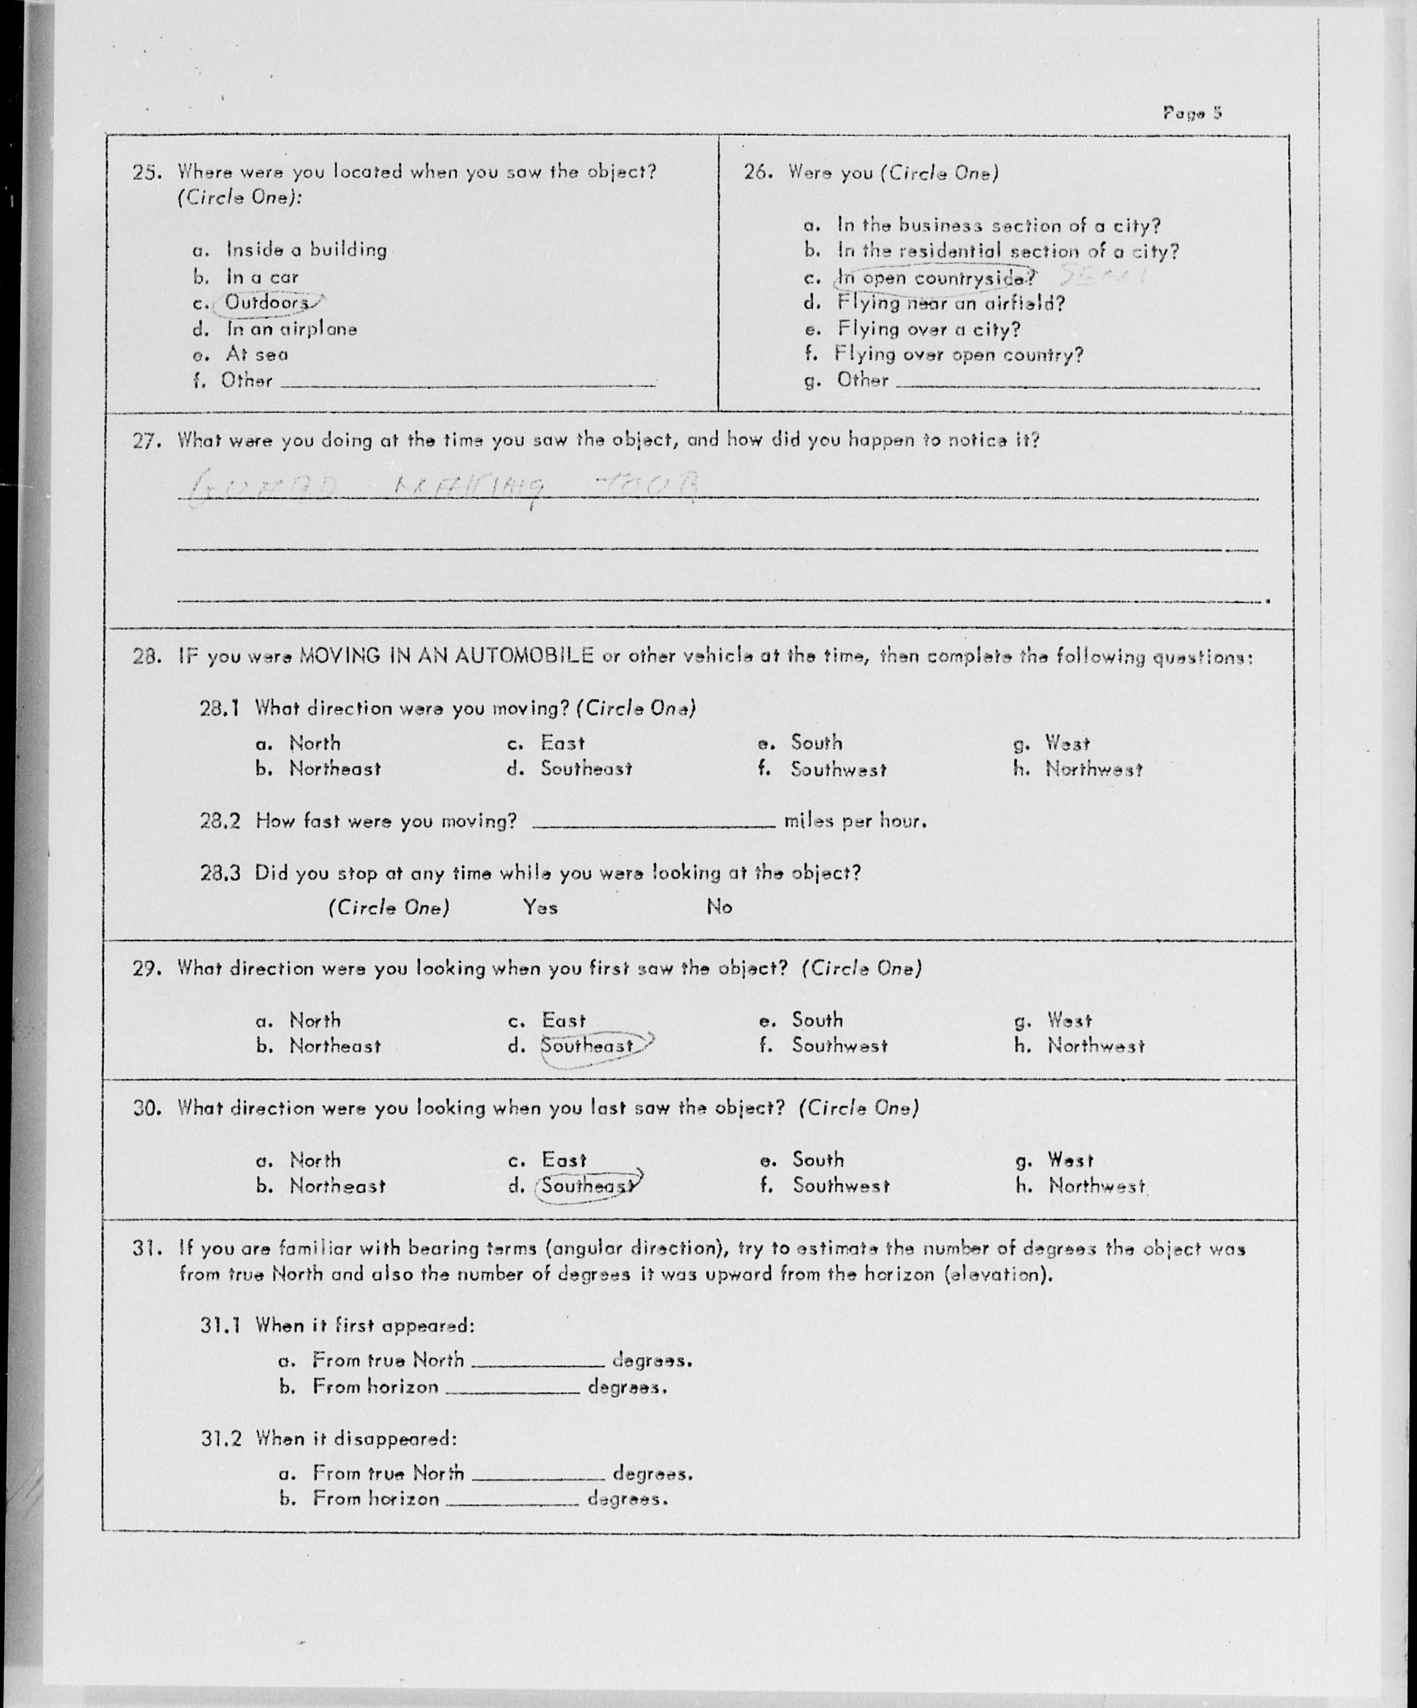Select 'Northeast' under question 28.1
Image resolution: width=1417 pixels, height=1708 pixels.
tap(334, 769)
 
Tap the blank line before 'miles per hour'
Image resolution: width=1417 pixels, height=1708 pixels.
tap(654, 821)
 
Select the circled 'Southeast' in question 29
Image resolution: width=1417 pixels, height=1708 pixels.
tap(587, 1046)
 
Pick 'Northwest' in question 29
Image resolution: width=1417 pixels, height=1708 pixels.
tap(1096, 1046)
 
